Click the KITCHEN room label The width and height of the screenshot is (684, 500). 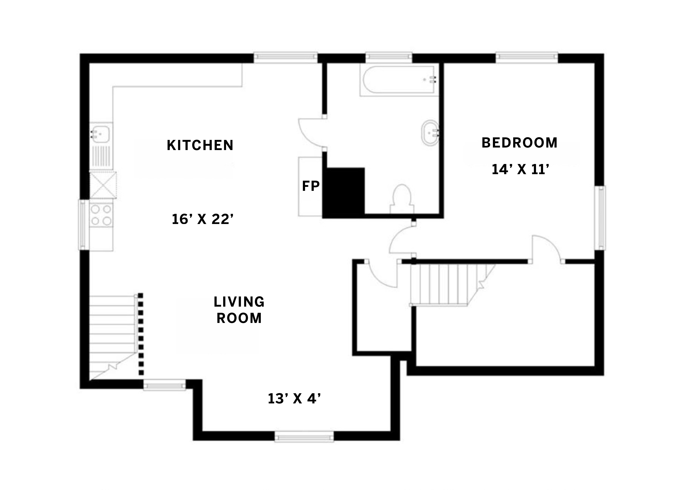point(200,145)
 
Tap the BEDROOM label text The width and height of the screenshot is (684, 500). point(519,143)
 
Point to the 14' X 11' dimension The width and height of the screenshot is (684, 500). point(520,169)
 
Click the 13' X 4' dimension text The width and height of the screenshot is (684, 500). point(294,399)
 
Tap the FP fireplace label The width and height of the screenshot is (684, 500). point(311,186)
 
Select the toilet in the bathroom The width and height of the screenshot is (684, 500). point(402,199)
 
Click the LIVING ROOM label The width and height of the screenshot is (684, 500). point(239,310)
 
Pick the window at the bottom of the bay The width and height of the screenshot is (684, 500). point(304,437)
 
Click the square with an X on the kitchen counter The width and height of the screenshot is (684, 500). point(103,185)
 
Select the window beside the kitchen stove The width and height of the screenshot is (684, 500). point(84,225)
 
